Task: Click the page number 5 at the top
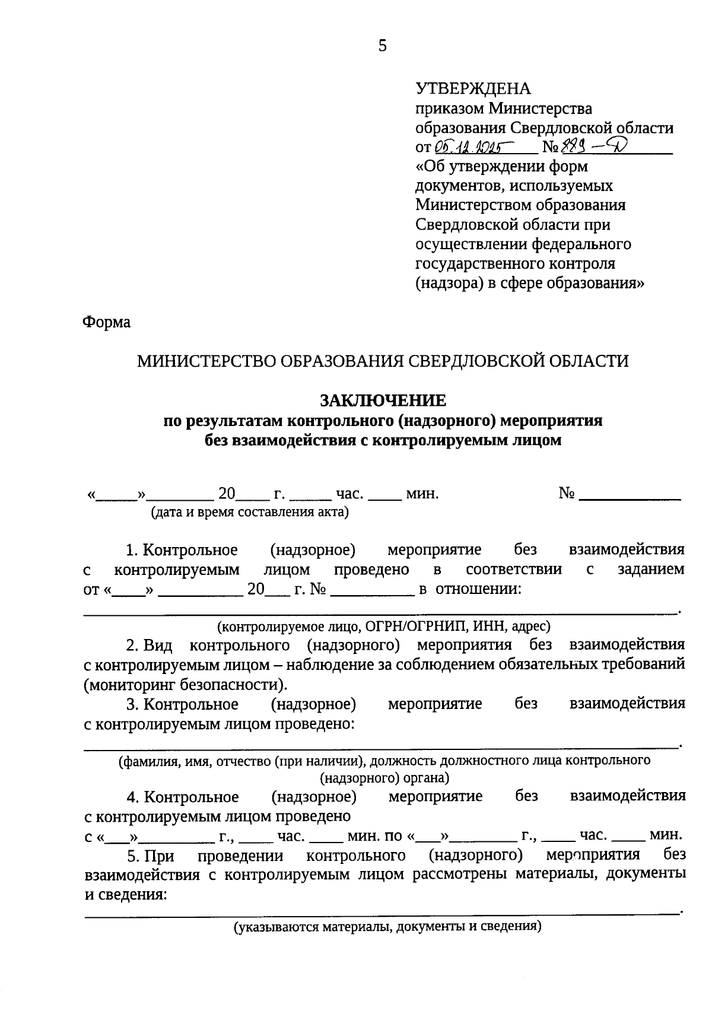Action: tap(382, 46)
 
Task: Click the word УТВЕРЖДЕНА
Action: tap(473, 89)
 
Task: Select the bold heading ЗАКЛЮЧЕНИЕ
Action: tap(383, 401)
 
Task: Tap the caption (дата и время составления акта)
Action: tap(249, 512)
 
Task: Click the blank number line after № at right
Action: tap(629, 494)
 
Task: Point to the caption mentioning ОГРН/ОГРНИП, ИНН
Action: tap(383, 625)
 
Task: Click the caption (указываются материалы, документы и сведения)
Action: tap(387, 927)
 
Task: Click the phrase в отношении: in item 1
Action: tap(470, 589)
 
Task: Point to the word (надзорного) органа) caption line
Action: tap(384, 777)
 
